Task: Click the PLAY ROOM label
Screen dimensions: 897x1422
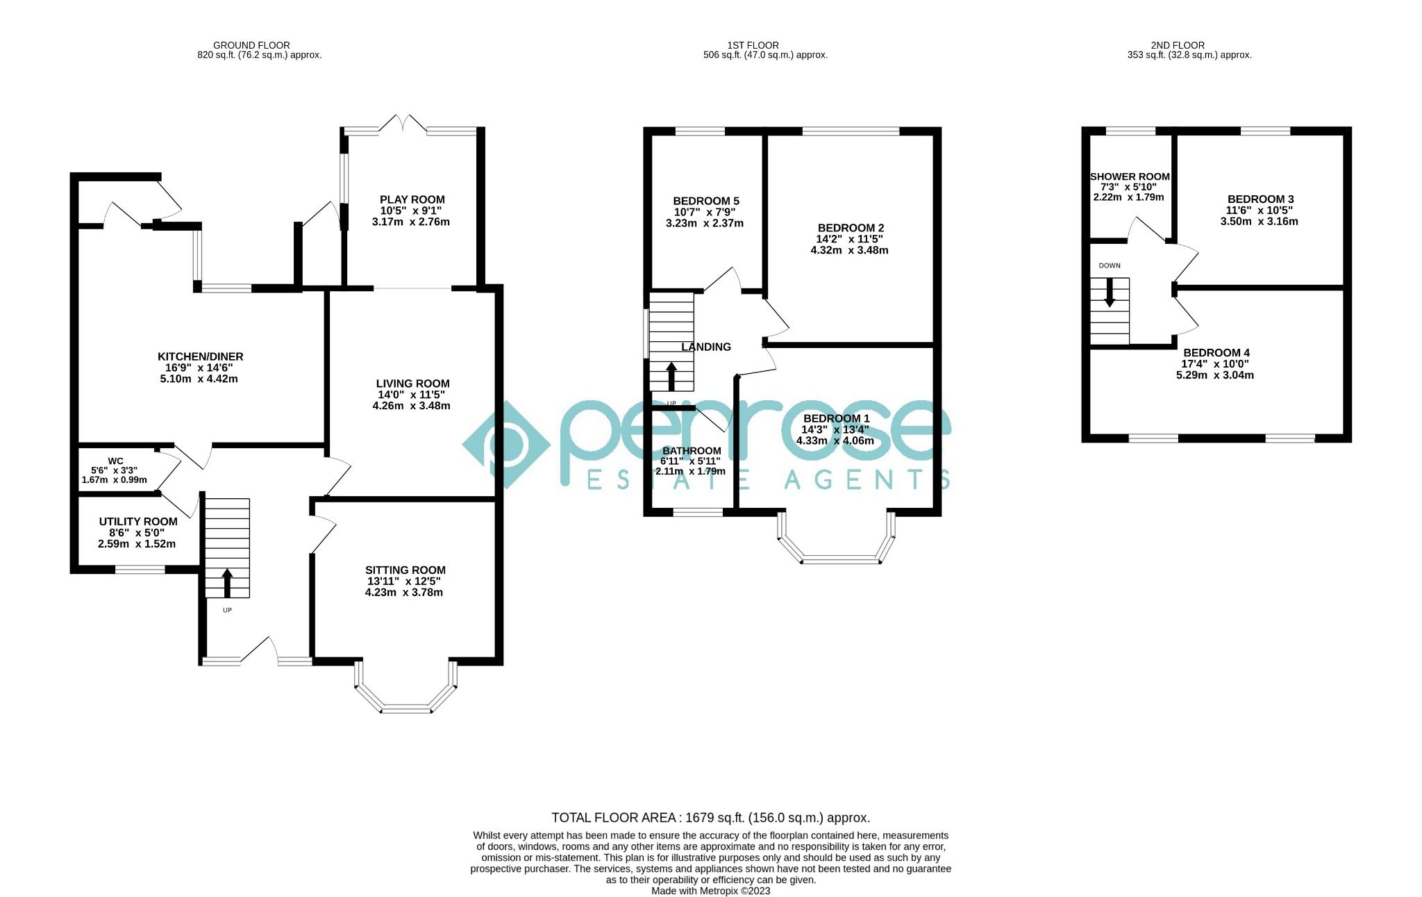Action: (412, 199)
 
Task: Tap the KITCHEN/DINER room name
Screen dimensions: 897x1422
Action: (200, 356)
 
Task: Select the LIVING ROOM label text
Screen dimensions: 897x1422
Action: (412, 384)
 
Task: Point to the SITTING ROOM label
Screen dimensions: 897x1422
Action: (405, 570)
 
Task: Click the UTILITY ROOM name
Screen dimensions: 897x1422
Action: (138, 521)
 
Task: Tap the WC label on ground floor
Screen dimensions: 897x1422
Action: (115, 461)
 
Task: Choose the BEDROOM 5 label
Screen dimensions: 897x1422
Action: (705, 201)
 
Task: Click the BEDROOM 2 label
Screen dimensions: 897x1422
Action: (851, 228)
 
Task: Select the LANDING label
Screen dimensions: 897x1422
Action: (706, 347)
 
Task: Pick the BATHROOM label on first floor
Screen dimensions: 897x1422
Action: (692, 451)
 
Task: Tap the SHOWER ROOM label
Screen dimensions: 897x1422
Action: (1130, 176)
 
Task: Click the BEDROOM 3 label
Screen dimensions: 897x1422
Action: (1260, 199)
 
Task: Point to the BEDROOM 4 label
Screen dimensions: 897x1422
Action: (1216, 353)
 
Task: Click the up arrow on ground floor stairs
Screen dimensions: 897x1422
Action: (227, 583)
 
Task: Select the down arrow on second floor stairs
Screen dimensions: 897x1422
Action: (1110, 293)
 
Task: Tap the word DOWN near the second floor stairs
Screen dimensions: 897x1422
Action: (1110, 265)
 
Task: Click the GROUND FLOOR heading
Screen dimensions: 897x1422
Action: (251, 45)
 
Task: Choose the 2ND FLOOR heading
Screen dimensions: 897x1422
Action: (1187, 45)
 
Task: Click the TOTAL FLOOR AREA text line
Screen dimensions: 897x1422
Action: (710, 818)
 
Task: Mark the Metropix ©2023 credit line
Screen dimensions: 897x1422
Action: (710, 891)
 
